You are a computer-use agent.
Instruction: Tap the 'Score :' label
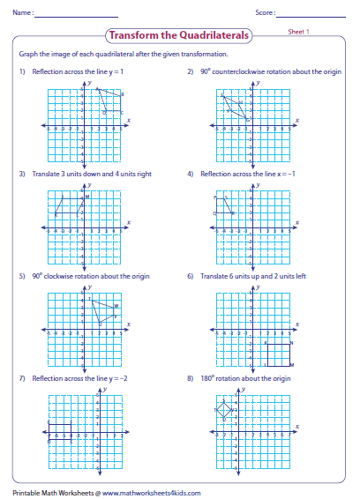pyautogui.click(x=265, y=13)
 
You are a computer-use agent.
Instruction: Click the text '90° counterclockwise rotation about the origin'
pyautogui.click(x=266, y=71)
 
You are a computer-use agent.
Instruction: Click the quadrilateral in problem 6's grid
pyautogui.click(x=278, y=353)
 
